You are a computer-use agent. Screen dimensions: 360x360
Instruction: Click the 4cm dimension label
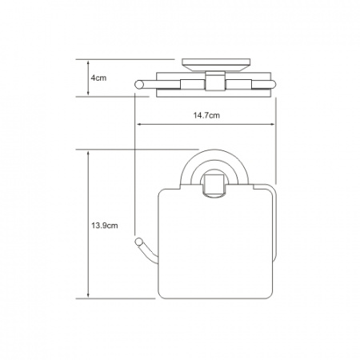pyautogui.click(x=98, y=78)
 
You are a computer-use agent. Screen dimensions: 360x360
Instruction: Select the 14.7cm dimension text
pyautogui.click(x=206, y=115)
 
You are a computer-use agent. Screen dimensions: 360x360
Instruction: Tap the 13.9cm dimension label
pyautogui.click(x=105, y=226)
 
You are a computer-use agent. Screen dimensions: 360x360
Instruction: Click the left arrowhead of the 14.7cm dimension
pyautogui.click(x=139, y=124)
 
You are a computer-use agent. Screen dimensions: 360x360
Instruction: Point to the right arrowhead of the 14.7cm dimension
pyautogui.click(x=272, y=124)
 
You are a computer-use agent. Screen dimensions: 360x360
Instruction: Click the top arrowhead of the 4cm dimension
pyautogui.click(x=88, y=63)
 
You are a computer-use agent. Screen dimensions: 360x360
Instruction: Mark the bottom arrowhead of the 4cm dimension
pyautogui.click(x=88, y=93)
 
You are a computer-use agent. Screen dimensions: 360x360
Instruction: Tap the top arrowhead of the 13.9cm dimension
pyautogui.click(x=88, y=154)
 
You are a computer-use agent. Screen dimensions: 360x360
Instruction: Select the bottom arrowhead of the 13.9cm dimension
pyautogui.click(x=88, y=295)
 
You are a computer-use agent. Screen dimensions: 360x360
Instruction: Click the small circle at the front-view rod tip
pyautogui.click(x=138, y=242)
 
